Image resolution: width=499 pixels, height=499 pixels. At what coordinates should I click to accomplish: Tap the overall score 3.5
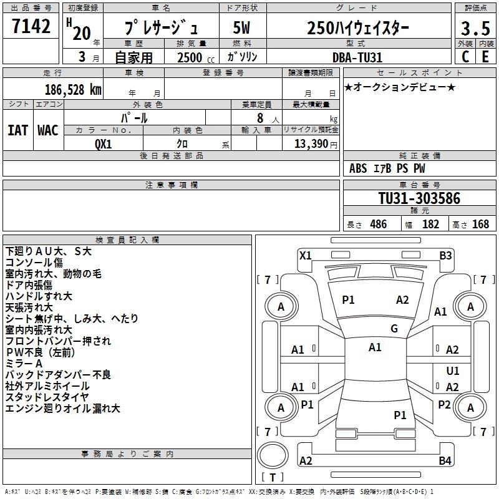click(475, 28)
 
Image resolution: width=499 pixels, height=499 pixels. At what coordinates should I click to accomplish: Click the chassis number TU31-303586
click(419, 198)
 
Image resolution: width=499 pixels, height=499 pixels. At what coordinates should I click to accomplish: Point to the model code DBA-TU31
click(357, 57)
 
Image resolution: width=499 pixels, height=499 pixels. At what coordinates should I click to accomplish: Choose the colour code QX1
click(104, 143)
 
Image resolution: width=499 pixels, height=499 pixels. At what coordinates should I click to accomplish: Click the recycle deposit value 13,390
click(310, 143)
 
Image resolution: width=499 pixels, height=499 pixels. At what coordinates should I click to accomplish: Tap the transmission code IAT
click(17, 130)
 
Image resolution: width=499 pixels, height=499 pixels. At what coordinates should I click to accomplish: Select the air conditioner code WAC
click(48, 130)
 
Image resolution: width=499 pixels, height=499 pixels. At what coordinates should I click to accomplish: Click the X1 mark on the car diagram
click(306, 255)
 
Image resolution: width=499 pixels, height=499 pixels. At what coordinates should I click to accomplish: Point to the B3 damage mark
click(445, 255)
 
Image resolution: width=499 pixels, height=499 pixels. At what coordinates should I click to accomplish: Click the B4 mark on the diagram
click(445, 461)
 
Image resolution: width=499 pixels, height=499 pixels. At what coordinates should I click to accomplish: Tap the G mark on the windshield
click(394, 329)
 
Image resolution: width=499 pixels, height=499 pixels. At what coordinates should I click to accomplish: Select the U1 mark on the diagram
click(453, 371)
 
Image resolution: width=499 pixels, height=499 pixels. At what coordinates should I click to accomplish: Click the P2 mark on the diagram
click(444, 404)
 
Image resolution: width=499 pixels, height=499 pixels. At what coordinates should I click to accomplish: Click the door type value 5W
click(241, 28)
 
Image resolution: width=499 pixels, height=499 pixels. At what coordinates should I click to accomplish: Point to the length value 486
click(377, 225)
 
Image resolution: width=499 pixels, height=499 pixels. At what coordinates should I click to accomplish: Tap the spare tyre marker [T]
click(272, 478)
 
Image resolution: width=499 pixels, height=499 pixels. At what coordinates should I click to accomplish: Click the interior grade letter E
click(485, 57)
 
